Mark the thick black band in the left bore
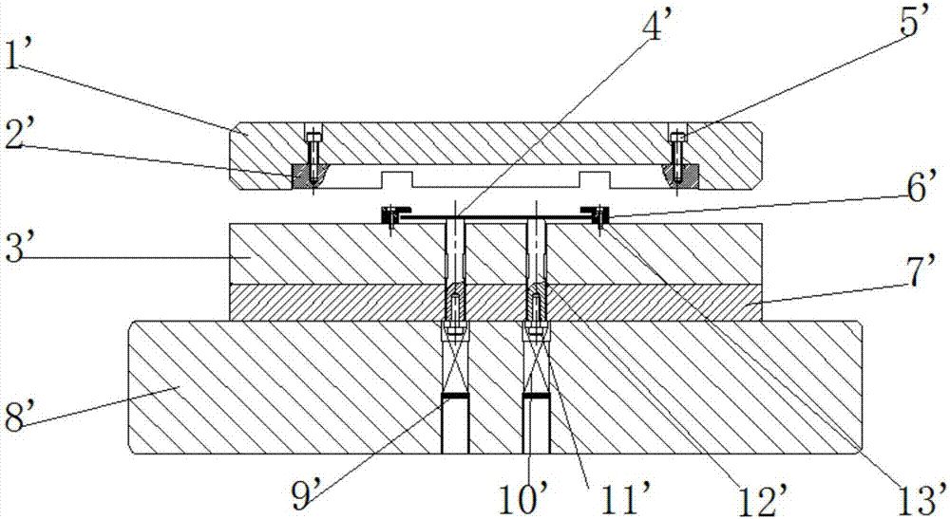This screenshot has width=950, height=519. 455,397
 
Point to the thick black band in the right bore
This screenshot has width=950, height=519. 536,397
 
